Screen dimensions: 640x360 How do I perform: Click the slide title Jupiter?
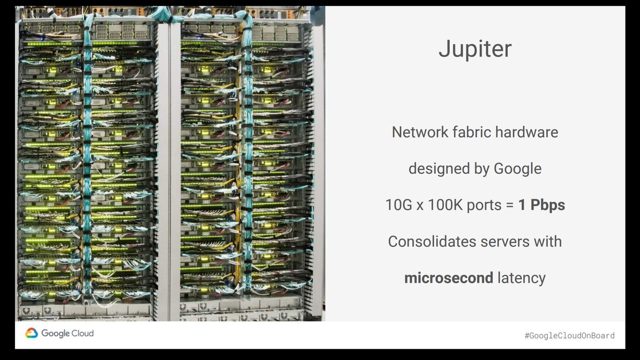(x=475, y=50)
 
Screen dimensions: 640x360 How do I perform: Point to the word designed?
(x=434, y=169)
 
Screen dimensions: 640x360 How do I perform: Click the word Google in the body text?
(x=517, y=169)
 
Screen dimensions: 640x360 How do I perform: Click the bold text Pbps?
(x=546, y=205)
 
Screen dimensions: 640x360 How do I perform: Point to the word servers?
(x=506, y=242)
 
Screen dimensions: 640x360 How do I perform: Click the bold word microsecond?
(x=449, y=278)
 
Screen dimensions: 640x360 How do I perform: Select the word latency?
(x=521, y=278)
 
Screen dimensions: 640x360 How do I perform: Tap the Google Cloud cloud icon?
(x=31, y=333)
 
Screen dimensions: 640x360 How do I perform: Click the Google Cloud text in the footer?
(x=67, y=333)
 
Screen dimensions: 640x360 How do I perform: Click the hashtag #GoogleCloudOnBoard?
(x=569, y=335)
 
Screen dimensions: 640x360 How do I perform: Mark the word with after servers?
(x=548, y=242)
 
